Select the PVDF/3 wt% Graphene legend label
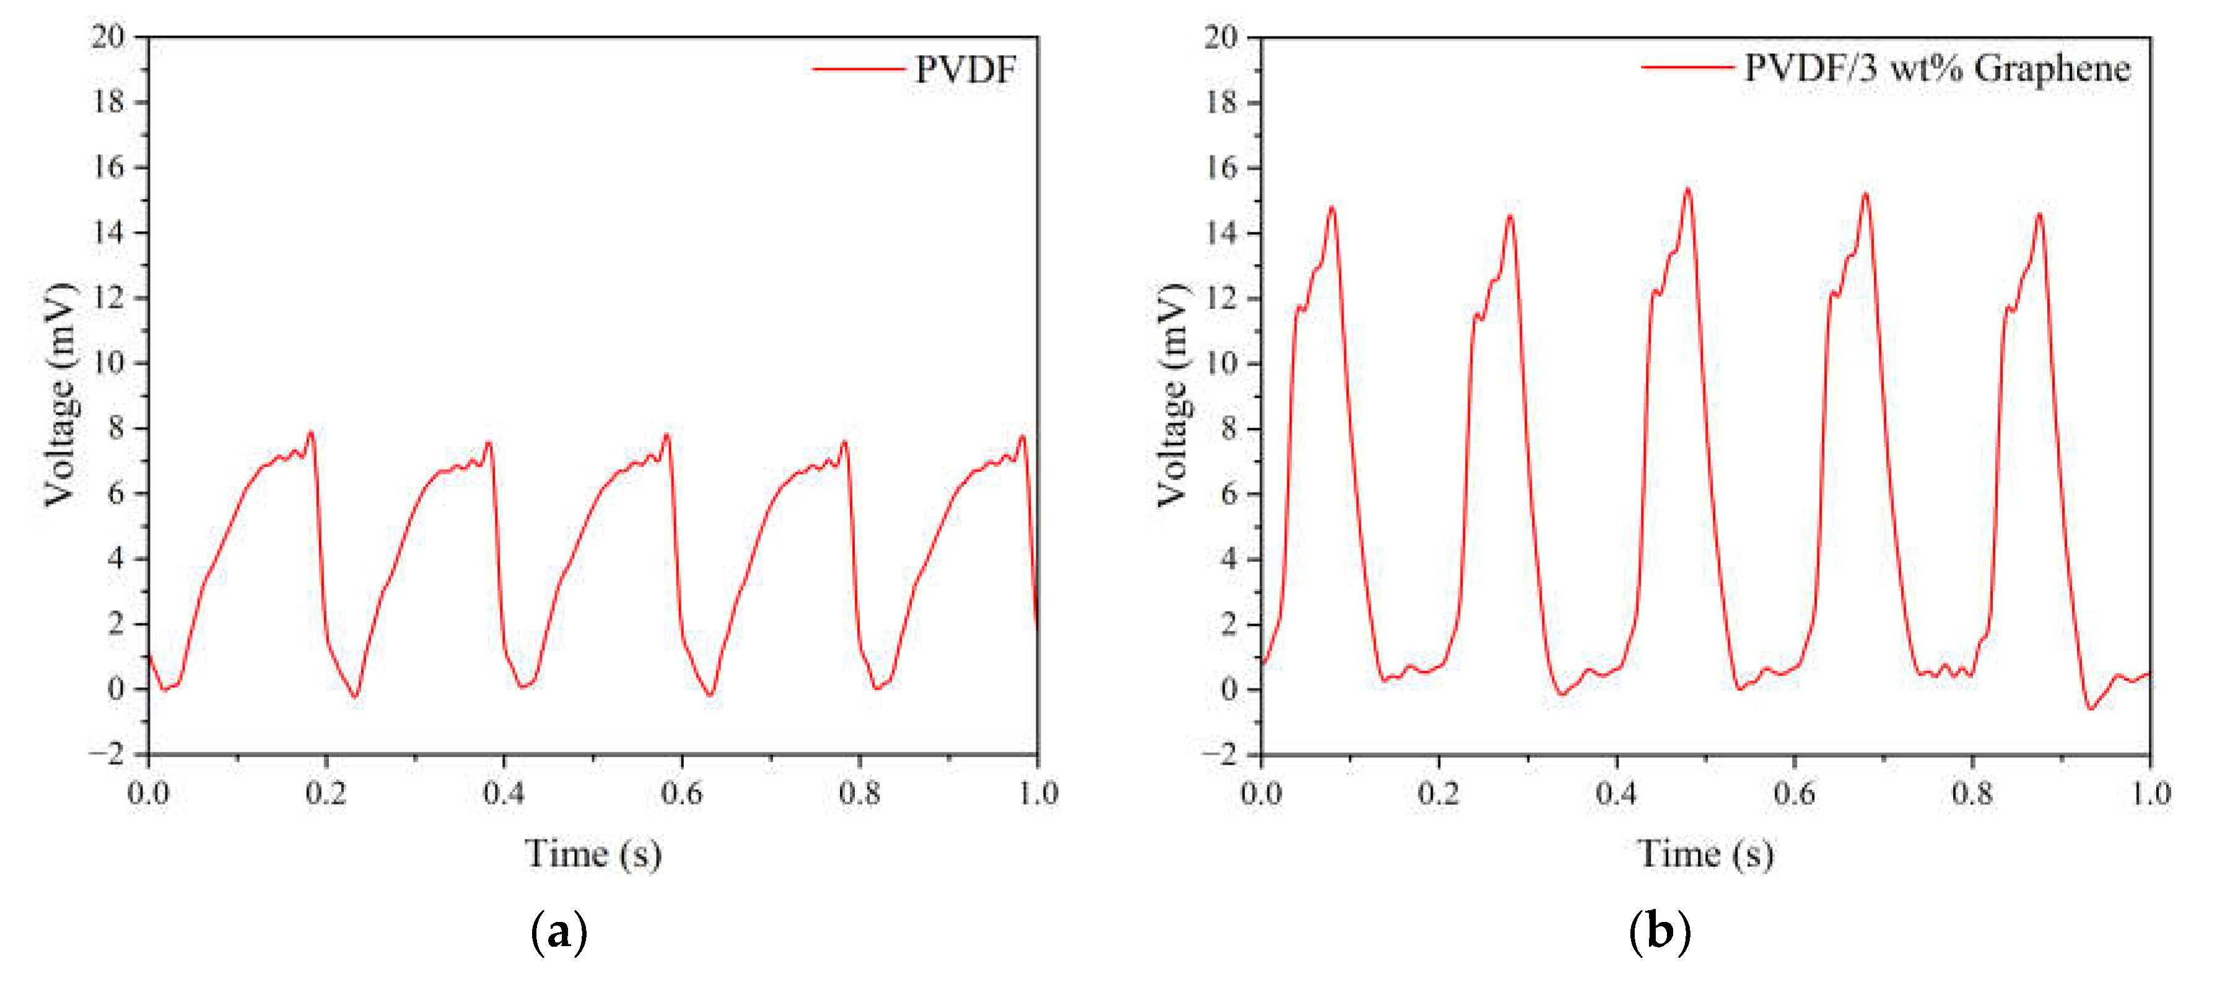1936,68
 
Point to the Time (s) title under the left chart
593,854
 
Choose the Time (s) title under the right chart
1705,854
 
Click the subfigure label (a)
559,932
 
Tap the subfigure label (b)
1659,932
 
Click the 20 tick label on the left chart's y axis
108,37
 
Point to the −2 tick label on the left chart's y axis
107,754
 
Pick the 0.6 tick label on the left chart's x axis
681,792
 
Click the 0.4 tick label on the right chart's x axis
1616,792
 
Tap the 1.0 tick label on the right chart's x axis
2150,792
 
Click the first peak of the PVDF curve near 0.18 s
311,433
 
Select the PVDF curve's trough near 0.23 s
354,696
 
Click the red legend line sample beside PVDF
858,69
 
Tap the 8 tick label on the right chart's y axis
1228,429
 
